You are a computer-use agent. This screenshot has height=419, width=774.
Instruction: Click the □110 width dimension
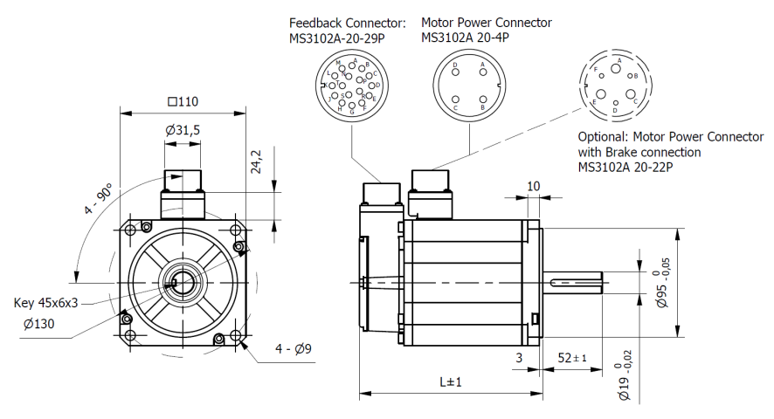click(x=183, y=101)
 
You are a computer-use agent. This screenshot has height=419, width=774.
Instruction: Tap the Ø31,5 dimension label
click(x=183, y=130)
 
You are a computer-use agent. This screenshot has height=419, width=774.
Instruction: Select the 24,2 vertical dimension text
click(x=256, y=163)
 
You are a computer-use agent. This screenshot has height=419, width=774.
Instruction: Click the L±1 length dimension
click(x=450, y=382)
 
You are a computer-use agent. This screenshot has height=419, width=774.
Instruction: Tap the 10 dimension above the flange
click(x=535, y=186)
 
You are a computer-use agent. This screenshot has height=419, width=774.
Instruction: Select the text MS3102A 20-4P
click(x=465, y=38)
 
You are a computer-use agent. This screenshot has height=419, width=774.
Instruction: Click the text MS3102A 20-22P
click(x=625, y=168)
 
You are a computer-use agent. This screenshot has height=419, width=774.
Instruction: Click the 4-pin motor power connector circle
click(x=468, y=87)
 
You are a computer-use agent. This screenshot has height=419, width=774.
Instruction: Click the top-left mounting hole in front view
click(x=131, y=230)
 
